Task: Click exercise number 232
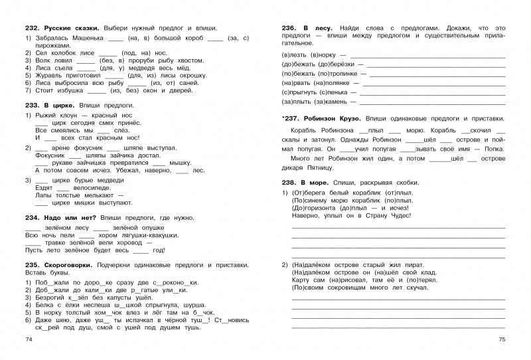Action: tap(31, 28)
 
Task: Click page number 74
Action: tap(27, 340)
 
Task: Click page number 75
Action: tap(502, 340)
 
